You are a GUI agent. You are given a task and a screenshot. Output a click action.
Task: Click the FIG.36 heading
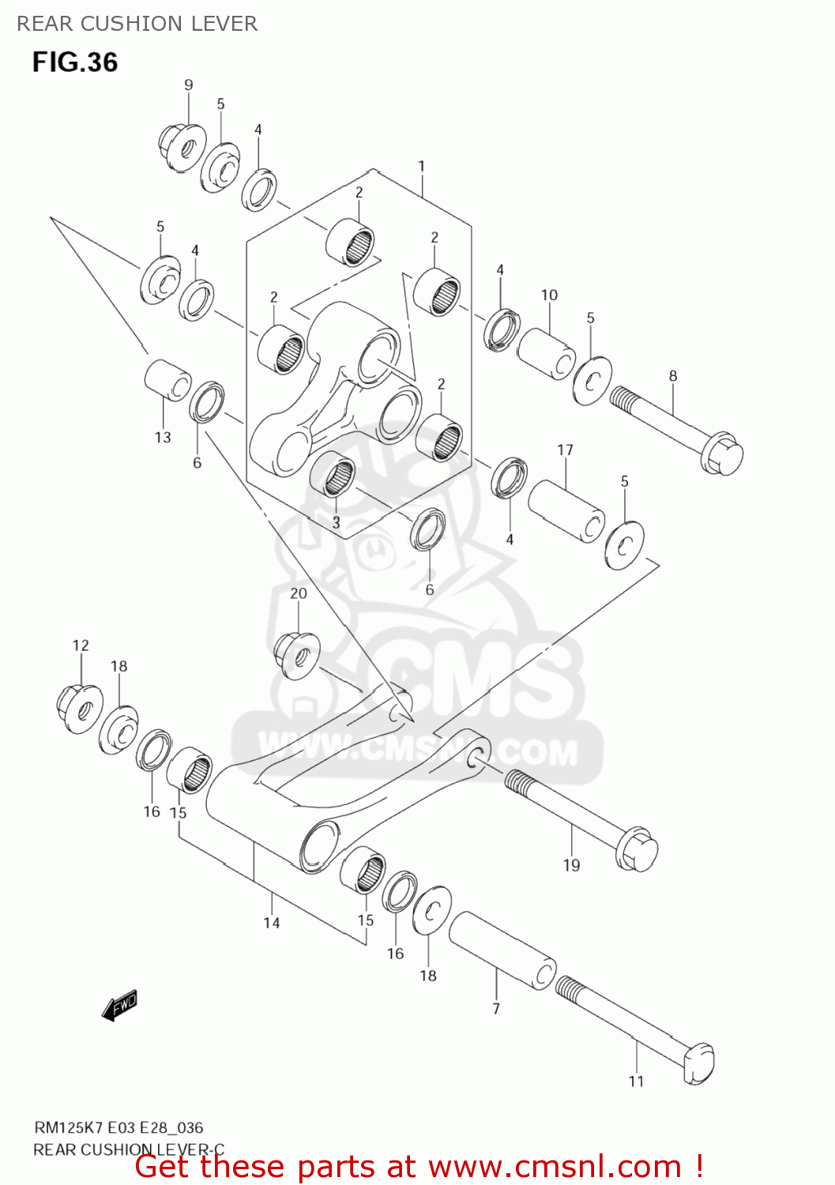[75, 62]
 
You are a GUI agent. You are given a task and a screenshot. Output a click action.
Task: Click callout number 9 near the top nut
[188, 85]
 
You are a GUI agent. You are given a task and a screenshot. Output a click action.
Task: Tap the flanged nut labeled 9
[181, 146]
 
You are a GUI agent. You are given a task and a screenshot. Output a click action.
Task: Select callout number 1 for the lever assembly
[422, 167]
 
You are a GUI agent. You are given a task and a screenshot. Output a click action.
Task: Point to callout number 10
[549, 295]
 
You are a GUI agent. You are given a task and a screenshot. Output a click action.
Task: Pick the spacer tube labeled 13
[167, 382]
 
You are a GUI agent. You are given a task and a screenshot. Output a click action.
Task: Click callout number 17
[565, 450]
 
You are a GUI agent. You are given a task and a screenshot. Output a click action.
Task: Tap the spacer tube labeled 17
[566, 512]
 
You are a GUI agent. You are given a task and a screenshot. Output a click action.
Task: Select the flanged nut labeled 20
[296, 654]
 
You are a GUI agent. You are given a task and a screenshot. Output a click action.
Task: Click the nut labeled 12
[80, 707]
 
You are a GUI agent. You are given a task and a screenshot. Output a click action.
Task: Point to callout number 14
[272, 923]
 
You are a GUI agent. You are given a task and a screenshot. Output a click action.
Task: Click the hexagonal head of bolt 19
[636, 850]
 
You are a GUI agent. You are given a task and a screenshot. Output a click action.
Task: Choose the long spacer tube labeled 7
[502, 951]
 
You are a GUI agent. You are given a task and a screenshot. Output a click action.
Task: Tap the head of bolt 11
[698, 1063]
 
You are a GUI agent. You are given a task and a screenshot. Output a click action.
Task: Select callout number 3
[336, 522]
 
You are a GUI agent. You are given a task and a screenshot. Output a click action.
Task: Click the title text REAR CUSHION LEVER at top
[137, 24]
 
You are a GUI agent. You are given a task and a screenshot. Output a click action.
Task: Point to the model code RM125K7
[69, 1127]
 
